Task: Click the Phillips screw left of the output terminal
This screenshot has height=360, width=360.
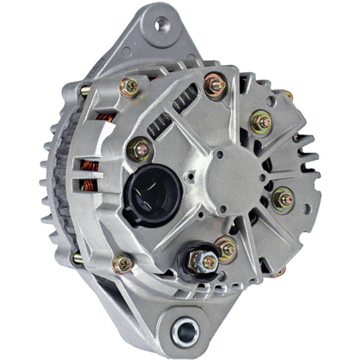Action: [x=123, y=264]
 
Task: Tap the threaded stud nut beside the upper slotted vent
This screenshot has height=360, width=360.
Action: [x=215, y=85]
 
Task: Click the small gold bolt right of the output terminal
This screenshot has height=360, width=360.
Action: [x=227, y=249]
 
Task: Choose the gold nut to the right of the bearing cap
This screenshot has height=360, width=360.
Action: [x=284, y=198]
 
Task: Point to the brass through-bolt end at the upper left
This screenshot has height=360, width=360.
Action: [x=86, y=91]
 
